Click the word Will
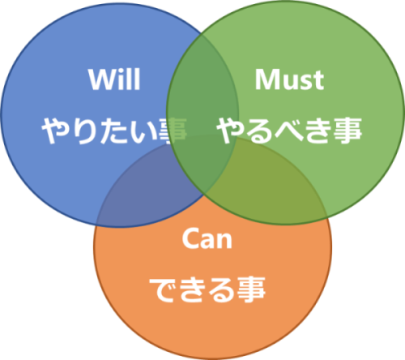114,79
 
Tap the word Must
289,79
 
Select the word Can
207,238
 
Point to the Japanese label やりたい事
114,131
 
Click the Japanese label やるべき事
289,131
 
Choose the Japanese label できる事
207,289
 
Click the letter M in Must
268,79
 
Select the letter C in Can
190,238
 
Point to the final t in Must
318,80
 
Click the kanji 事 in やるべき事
347,131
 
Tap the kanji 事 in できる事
251,289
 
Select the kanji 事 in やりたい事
173,131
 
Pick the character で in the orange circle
163,289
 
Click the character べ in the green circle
289,131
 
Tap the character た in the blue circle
114,131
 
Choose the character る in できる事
221,289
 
